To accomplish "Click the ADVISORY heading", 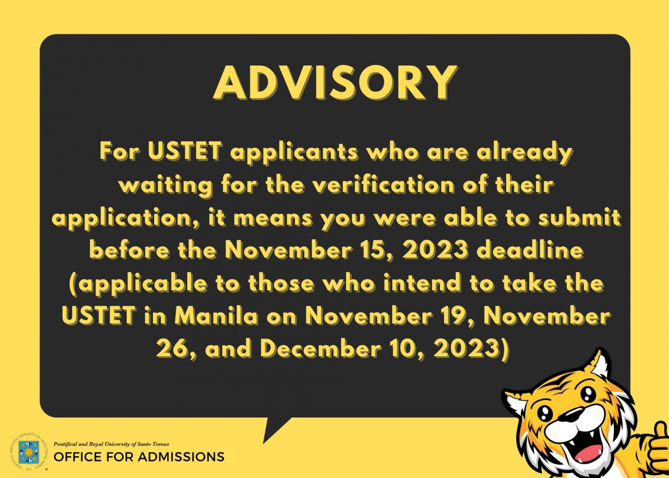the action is pos(335,83).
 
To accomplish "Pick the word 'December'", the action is pos(321,349).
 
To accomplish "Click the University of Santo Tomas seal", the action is pos(29,452).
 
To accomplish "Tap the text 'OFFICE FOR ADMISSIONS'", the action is pos(139,457).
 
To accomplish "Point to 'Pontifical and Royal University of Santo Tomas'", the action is pos(111,444).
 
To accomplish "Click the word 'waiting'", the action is pos(166,185).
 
